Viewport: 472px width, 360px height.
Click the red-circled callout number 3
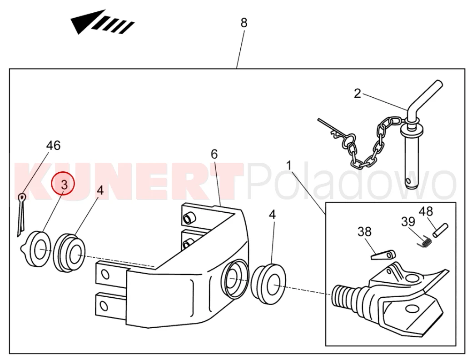click(64, 184)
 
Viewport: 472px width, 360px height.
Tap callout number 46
click(53, 145)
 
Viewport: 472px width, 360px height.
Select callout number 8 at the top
click(244, 23)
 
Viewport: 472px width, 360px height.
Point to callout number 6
click(214, 154)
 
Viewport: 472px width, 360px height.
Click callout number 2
click(357, 93)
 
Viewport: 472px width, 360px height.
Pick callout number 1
click(288, 165)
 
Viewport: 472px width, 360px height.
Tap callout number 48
click(426, 211)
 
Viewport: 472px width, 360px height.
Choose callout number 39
click(408, 222)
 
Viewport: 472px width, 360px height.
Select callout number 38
click(364, 232)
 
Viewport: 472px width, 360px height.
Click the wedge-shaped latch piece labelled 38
click(383, 255)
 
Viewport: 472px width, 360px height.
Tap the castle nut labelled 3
click(36, 249)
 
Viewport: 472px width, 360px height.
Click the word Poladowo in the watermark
click(351, 181)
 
